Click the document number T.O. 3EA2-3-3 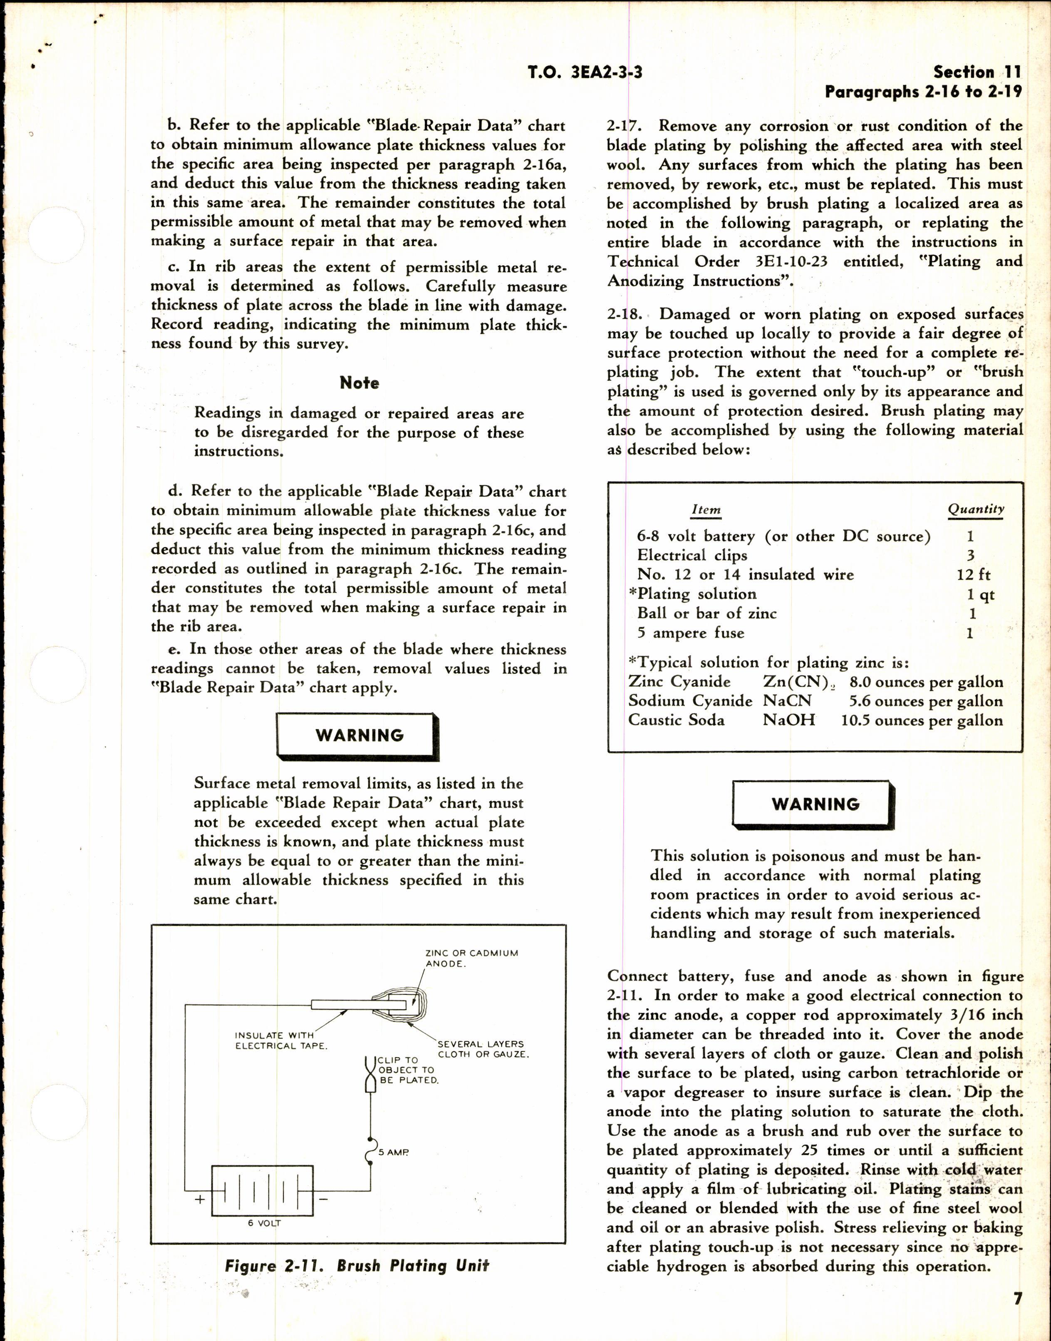coord(585,72)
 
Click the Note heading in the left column coord(359,383)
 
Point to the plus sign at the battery coord(199,1199)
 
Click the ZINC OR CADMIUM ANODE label coord(471,958)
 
